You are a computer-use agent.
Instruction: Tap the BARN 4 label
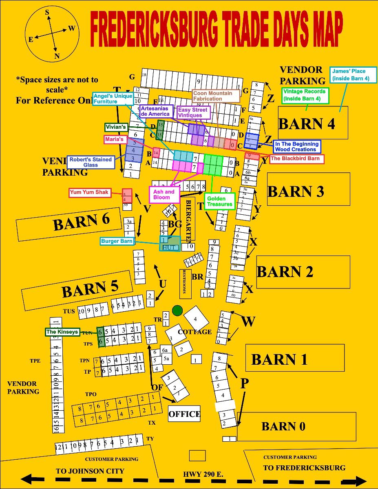tap(307, 123)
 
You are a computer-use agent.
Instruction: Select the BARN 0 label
tap(283, 426)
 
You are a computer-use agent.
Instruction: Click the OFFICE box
tap(184, 414)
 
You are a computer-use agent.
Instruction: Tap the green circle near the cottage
tap(177, 311)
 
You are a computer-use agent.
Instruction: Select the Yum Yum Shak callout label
tap(90, 192)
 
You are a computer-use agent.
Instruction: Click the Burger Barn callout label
tap(117, 241)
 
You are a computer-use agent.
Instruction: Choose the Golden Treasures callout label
tap(220, 201)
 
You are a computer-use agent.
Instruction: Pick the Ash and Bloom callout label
tap(164, 194)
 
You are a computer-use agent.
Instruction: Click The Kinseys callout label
tap(62, 332)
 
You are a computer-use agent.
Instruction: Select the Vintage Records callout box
tap(305, 95)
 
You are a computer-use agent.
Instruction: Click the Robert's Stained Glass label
tap(91, 162)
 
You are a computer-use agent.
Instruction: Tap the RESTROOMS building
tap(185, 284)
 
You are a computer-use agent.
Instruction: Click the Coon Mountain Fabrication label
tap(216, 96)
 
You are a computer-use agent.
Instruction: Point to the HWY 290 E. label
tap(203, 475)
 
